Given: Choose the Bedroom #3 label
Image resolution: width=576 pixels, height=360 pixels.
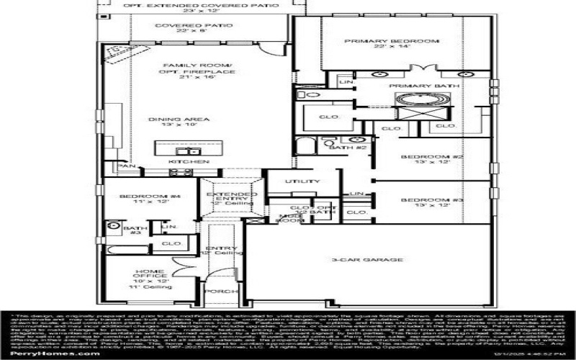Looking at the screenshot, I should [x=426, y=202].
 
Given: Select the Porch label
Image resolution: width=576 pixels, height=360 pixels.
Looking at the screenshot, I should [x=219, y=292].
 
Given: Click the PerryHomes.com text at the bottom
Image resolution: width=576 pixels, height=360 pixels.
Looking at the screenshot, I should [x=45, y=353].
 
